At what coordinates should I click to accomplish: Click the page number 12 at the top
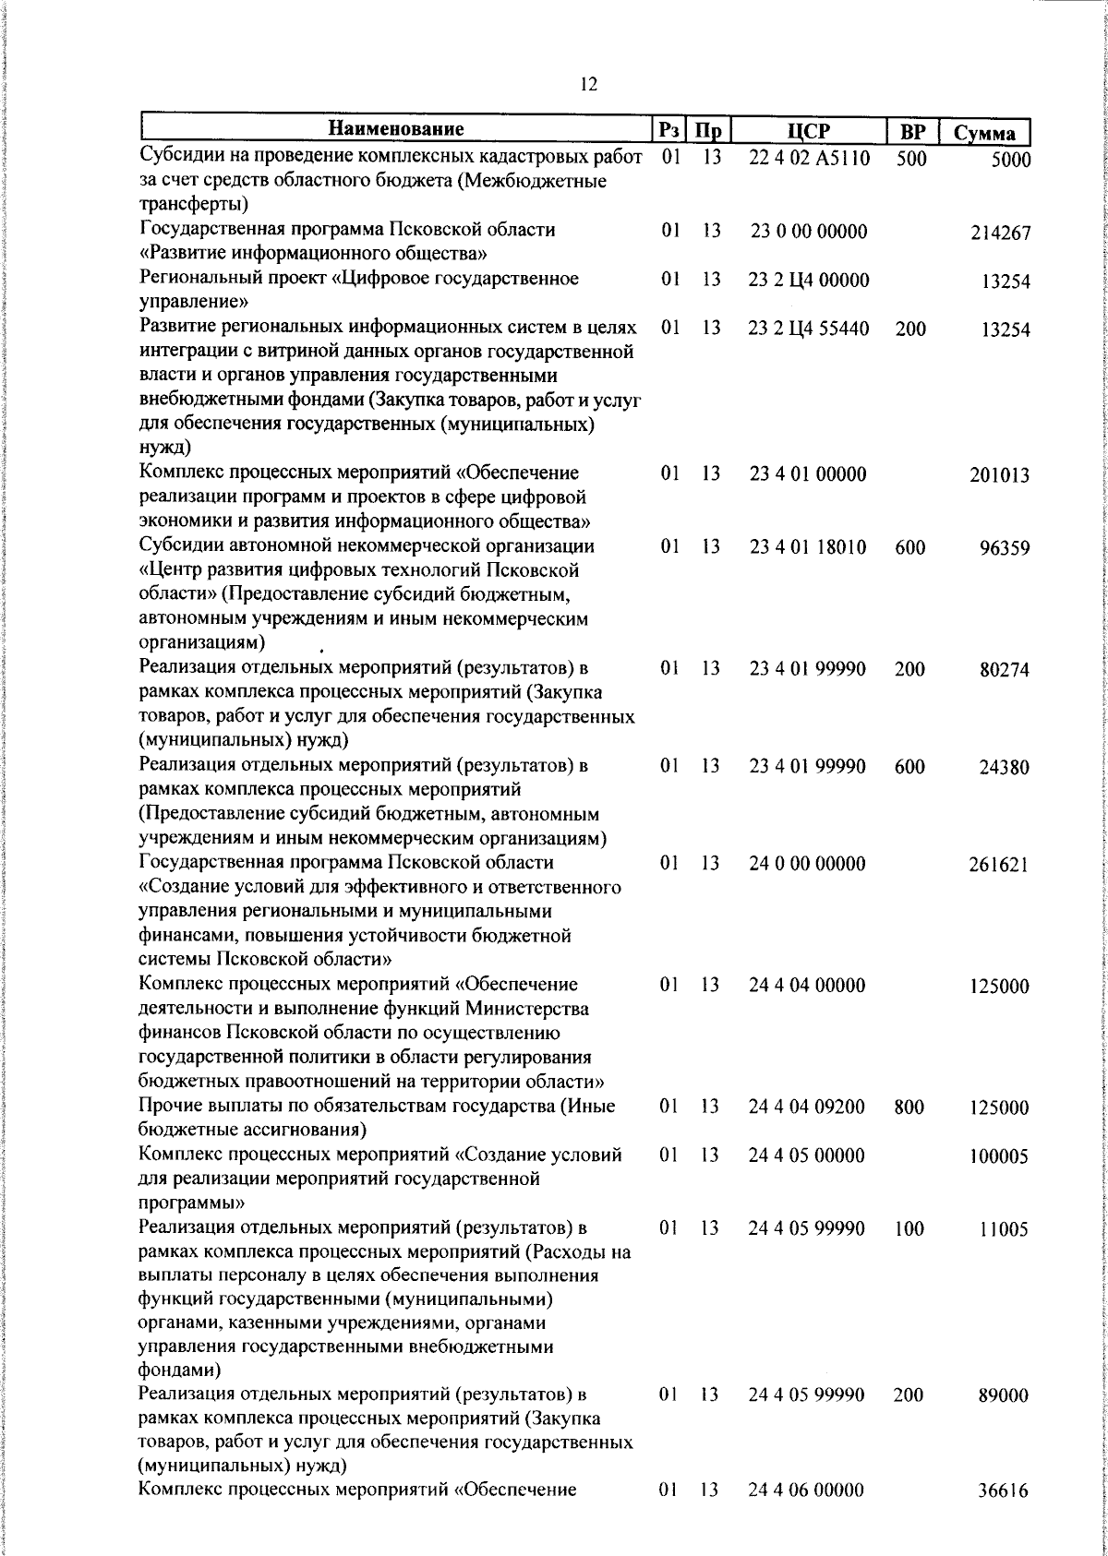pos(588,85)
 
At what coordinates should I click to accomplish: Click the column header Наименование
pos(396,128)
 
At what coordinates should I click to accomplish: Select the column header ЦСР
pos(810,130)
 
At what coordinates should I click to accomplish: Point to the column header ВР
pos(911,130)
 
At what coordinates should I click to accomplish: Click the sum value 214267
pos(1000,233)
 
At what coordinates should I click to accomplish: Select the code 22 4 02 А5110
pos(809,158)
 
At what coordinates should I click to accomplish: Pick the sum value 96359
pos(1005,549)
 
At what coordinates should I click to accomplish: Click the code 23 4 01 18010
pos(808,547)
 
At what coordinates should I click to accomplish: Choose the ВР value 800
pos(909,1107)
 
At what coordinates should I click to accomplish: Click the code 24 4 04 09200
pos(808,1107)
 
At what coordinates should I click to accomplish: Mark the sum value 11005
pos(1005,1229)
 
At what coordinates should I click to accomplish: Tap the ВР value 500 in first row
pos(910,158)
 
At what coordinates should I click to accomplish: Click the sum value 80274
pos(1005,670)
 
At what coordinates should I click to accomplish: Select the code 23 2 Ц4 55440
pos(809,329)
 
